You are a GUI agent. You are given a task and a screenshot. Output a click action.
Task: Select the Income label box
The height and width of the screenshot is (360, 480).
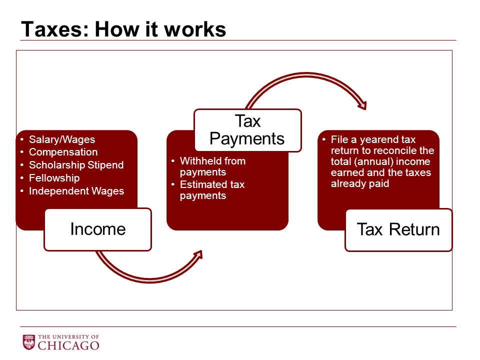98,229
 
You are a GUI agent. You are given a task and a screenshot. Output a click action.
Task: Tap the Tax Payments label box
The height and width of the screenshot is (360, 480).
247,130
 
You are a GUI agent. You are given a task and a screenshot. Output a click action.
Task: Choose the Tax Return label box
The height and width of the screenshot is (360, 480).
398,230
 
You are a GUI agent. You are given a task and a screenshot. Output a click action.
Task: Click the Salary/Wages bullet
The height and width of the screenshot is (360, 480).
62,139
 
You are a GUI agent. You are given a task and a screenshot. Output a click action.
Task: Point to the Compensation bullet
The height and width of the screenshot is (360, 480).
63,152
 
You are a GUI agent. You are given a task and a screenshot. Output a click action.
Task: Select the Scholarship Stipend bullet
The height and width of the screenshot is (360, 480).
76,165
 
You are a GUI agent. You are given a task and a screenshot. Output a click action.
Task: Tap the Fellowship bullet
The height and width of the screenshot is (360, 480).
54,178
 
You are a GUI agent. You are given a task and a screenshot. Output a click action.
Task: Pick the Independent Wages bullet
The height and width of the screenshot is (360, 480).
76,191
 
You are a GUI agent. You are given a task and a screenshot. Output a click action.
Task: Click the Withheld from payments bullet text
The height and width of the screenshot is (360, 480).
213,166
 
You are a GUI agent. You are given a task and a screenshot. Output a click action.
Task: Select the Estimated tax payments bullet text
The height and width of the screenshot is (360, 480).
212,190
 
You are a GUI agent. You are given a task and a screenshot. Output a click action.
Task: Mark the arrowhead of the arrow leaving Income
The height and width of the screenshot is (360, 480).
198,255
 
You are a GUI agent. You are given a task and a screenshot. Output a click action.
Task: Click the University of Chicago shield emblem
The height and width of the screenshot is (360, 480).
29,342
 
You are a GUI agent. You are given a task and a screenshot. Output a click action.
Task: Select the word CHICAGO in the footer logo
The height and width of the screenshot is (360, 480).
68,345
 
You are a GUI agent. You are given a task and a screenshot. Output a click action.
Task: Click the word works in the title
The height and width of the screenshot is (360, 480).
195,29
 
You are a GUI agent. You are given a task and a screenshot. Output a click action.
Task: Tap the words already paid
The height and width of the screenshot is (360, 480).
360,183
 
